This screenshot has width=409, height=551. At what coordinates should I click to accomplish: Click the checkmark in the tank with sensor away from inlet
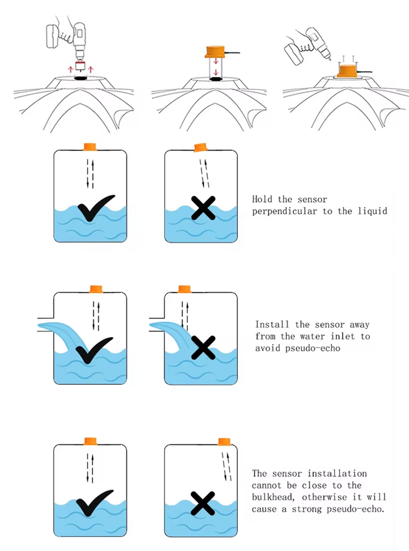click(x=95, y=350)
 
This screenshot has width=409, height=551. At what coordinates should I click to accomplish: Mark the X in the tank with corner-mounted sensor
click(x=204, y=502)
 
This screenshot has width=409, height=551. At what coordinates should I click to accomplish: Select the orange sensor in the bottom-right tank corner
click(x=224, y=442)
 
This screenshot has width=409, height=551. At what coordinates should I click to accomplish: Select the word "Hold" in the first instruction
click(x=262, y=200)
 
